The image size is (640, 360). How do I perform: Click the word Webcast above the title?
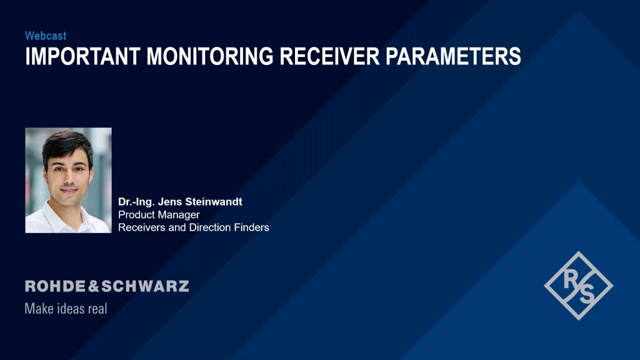[46, 36]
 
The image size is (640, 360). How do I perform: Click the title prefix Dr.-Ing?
[136, 202]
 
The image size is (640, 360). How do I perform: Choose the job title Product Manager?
[159, 215]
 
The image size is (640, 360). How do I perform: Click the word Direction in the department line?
[209, 227]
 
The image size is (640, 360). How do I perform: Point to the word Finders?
[251, 227]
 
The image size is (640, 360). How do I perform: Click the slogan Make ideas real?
[66, 308]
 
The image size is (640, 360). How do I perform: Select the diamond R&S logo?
[579, 286]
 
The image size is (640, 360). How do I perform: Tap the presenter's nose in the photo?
[70, 176]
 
